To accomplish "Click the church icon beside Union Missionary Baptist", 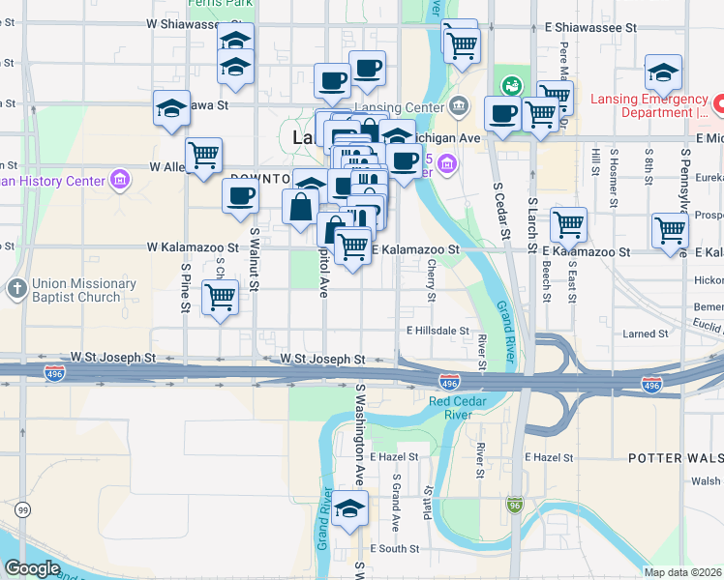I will (15, 289).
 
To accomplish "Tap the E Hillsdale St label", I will (437, 330).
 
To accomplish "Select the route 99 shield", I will (21, 508).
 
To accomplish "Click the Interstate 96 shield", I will (515, 504).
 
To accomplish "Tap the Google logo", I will (33, 568).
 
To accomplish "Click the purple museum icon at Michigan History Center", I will (120, 180).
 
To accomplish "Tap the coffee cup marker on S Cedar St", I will (501, 113).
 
